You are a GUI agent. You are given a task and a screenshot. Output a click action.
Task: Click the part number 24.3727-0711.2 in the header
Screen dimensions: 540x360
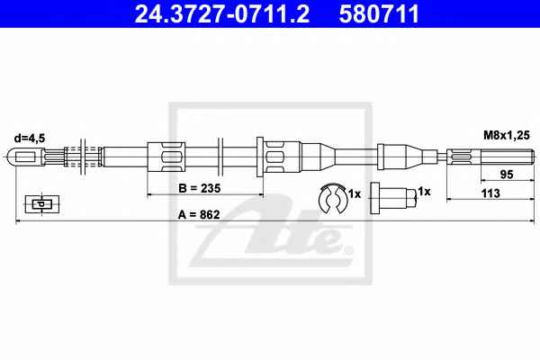point(222,13)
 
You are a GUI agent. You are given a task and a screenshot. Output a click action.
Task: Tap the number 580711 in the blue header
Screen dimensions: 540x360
point(379,13)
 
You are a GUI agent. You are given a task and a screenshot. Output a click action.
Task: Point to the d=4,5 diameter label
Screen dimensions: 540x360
point(30,138)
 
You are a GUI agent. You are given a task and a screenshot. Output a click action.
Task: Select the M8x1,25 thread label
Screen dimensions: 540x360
point(506,135)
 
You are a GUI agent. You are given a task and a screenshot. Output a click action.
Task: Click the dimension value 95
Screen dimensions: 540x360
point(507,175)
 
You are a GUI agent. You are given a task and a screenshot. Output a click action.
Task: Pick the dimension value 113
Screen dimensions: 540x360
point(490,193)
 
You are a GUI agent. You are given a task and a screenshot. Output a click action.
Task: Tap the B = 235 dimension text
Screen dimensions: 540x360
point(200,188)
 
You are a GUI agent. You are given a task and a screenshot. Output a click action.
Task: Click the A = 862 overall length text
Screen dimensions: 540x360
point(199,214)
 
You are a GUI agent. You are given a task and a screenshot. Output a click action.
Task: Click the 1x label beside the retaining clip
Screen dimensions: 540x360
point(355,194)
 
